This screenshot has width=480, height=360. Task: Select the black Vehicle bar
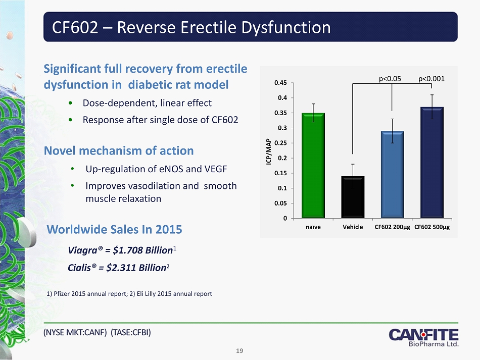pos(353,197)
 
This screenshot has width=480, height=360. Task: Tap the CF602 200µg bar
pos(392,174)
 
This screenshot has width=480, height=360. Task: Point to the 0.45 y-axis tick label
pos(281,83)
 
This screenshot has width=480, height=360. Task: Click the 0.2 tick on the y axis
pos(283,158)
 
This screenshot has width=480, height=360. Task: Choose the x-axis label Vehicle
pos(353,227)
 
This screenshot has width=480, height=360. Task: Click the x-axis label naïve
pos(313,227)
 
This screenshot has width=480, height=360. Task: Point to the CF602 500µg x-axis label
pos(432,227)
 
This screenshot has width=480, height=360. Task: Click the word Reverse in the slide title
pos(151,27)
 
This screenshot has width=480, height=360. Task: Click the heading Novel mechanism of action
pos(119,150)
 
